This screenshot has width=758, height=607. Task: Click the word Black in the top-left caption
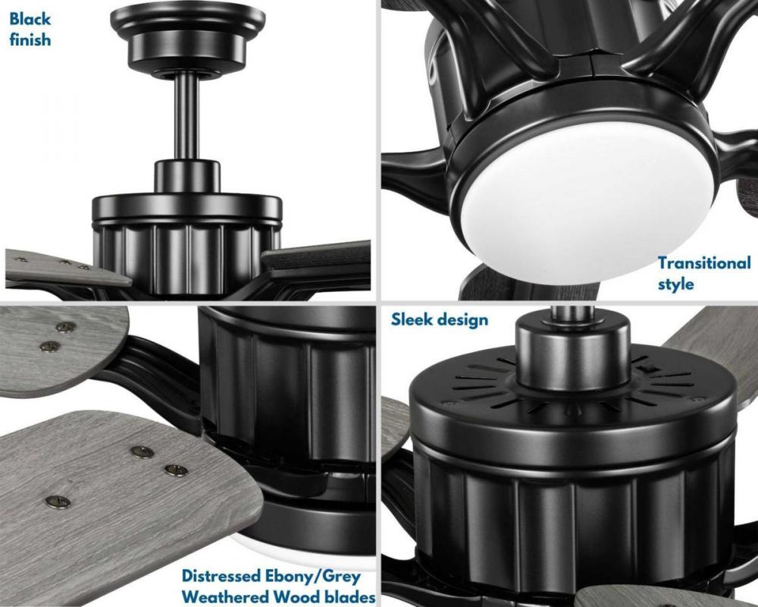click(x=30, y=19)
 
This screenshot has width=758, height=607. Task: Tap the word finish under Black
click(x=30, y=39)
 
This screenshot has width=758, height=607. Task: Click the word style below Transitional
click(x=675, y=284)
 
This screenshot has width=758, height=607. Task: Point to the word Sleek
click(x=412, y=319)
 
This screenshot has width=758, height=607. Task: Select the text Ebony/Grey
click(x=312, y=577)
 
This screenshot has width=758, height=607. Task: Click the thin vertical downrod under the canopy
click(x=187, y=117)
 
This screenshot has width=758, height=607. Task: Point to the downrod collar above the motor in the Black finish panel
click(x=187, y=178)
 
